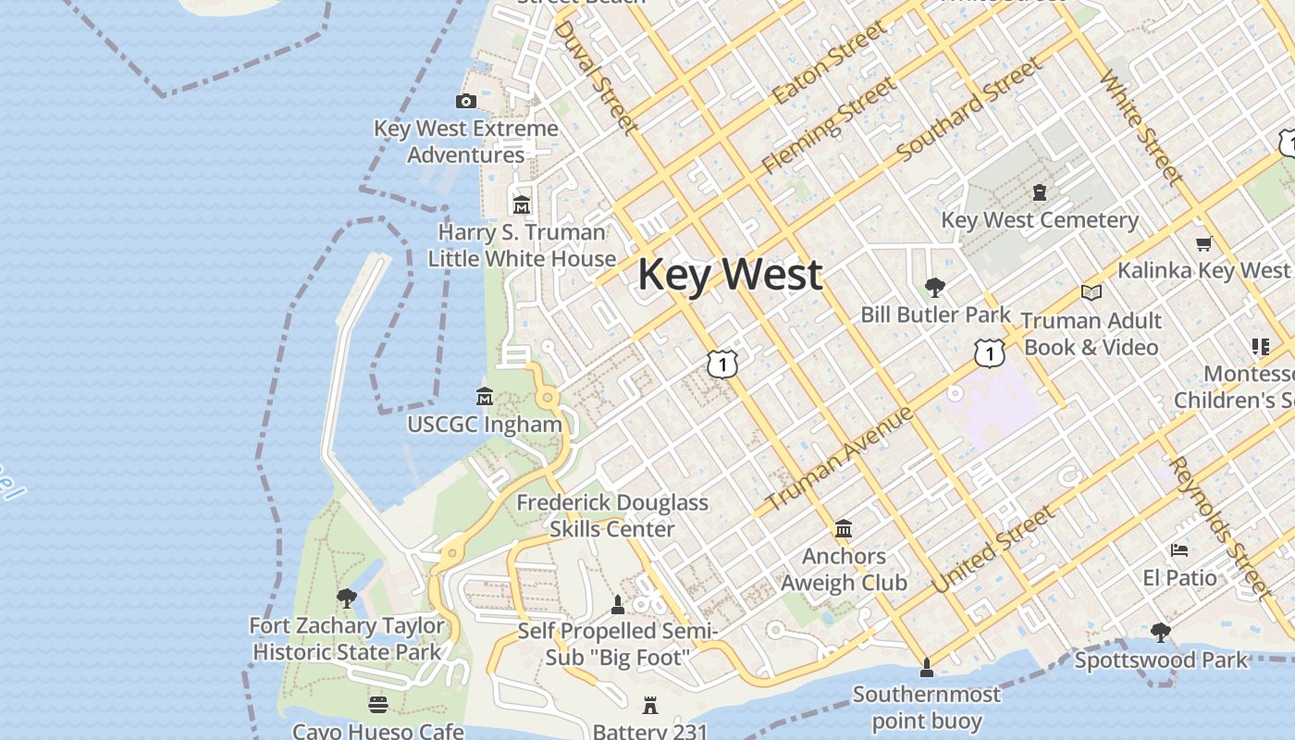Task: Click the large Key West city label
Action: tap(730, 275)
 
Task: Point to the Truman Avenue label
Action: tap(839, 459)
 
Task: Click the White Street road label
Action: tap(1141, 128)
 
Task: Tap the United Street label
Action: tap(993, 549)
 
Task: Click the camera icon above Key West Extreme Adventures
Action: tap(466, 102)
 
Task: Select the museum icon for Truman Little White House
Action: tap(522, 204)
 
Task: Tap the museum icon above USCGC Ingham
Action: tap(484, 397)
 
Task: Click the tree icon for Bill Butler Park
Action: tap(935, 287)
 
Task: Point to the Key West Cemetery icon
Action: tap(1040, 192)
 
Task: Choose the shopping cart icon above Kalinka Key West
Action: tap(1203, 244)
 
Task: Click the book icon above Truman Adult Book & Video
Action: tap(1091, 293)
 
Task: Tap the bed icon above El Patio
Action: tap(1179, 550)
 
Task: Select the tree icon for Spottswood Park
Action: tap(1161, 633)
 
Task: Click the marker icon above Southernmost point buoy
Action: tap(927, 667)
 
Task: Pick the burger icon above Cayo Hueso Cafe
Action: tap(377, 705)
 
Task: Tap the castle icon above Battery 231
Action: tap(650, 706)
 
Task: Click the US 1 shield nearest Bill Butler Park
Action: tap(989, 352)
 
